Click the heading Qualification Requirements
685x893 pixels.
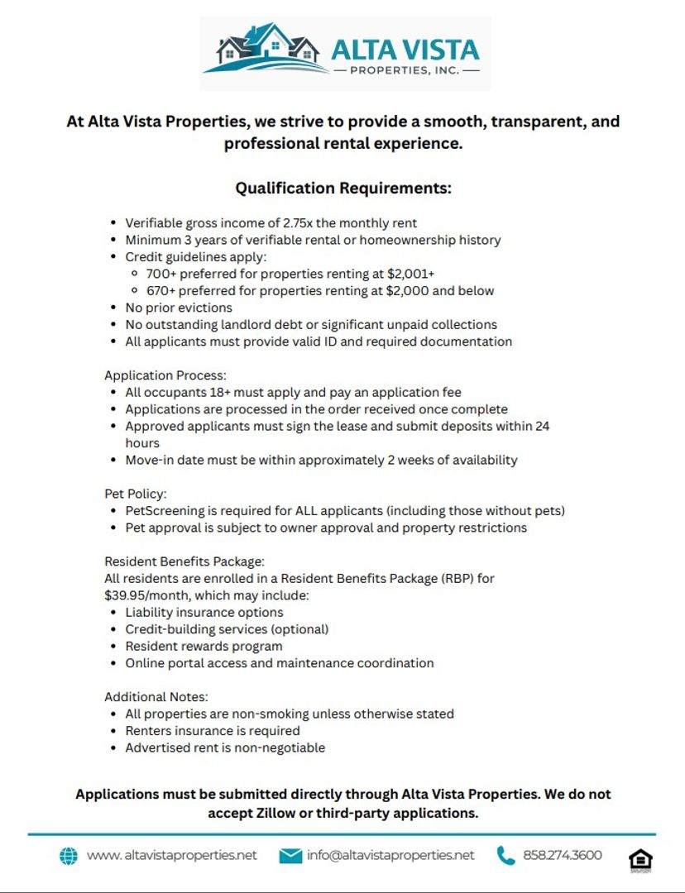coord(343,189)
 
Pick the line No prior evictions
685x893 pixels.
coord(179,308)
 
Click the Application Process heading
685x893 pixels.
coord(165,375)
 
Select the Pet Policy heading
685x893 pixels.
coord(135,494)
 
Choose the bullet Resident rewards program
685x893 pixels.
coord(204,646)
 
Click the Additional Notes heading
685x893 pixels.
coord(156,697)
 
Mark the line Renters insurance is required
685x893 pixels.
coord(213,731)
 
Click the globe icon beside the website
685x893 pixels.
coord(69,856)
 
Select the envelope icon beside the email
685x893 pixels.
coord(290,856)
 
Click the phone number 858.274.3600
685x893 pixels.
coord(563,855)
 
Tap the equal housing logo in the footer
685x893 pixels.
coord(639,859)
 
